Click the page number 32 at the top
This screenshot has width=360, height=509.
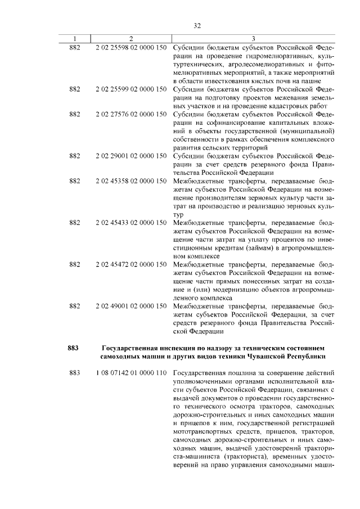click(197, 25)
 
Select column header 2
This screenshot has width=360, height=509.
click(130, 38)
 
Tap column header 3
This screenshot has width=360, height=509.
click(254, 38)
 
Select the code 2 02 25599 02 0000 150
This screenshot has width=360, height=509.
click(130, 89)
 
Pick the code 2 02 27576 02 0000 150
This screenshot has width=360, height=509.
click(130, 114)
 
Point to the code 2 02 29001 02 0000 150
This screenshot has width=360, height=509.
click(130, 155)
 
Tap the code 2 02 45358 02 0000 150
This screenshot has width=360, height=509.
click(130, 182)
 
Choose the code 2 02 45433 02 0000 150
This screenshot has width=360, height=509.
click(130, 223)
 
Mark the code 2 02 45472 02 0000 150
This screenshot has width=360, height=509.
click(130, 264)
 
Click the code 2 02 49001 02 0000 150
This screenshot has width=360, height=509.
click(130, 305)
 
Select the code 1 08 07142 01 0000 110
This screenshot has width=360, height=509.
click(130, 373)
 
